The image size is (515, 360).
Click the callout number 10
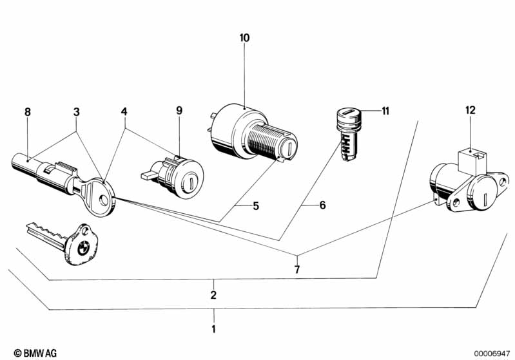[x=244, y=38]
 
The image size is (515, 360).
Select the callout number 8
[x=28, y=112]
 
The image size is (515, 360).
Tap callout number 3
[x=76, y=112]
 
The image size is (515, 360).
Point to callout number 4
[x=124, y=111]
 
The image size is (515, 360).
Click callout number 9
[x=179, y=110]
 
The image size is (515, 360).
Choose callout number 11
[x=385, y=111]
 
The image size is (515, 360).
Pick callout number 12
[x=471, y=110]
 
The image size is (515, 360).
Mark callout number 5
[x=256, y=206]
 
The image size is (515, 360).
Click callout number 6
[x=322, y=205]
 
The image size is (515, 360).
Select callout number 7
[x=297, y=270]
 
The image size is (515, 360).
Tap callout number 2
[x=213, y=295]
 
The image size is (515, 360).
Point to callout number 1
[x=214, y=329]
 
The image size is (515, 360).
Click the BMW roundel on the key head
[x=83, y=249]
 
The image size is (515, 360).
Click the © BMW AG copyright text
[x=35, y=353]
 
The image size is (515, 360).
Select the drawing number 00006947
[x=492, y=354]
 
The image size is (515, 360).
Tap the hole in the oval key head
[x=104, y=200]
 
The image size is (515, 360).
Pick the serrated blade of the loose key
[x=46, y=234]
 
